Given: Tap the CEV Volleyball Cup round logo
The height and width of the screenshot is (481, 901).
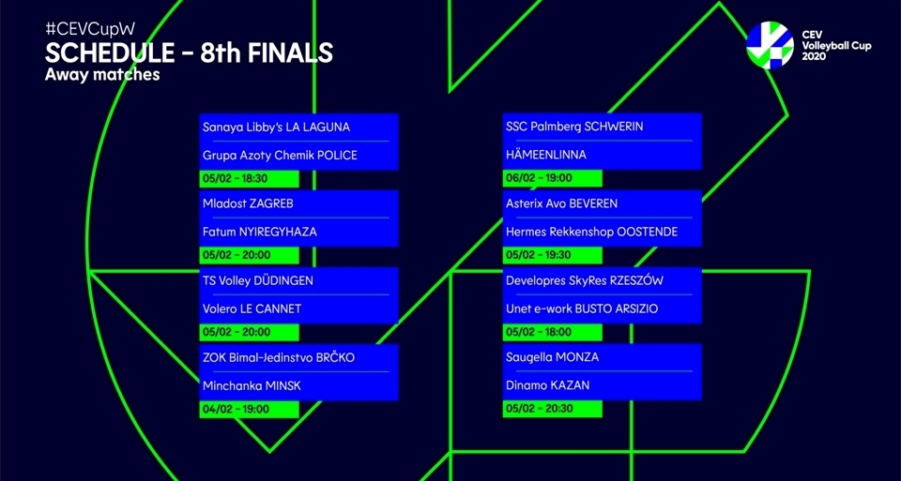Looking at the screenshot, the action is [770, 44].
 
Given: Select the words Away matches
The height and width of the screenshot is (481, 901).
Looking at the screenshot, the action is [102, 75].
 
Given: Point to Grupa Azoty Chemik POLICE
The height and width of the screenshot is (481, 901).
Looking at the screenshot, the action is [280, 155].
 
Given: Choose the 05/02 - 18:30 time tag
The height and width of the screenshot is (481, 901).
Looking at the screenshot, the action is [236, 178].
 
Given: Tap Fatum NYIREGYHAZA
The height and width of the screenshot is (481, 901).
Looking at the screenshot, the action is [260, 232].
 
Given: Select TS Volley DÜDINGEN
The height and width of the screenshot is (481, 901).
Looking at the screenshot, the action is [258, 280].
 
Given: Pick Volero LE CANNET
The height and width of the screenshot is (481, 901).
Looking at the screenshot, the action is [252, 308].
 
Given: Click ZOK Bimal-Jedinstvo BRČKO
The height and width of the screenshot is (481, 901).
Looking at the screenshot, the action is [279, 357].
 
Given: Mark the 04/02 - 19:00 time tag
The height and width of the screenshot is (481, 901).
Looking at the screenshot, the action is [236, 409].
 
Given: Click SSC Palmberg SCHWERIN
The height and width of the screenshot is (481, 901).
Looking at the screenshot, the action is [574, 127].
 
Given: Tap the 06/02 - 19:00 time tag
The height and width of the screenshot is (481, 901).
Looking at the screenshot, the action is [539, 178].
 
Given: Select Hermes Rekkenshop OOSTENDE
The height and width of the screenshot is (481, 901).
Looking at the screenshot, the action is [591, 232].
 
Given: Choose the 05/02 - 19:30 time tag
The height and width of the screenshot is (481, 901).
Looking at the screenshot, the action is [539, 255].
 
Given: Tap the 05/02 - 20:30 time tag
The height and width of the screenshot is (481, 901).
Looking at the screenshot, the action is [539, 409].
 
